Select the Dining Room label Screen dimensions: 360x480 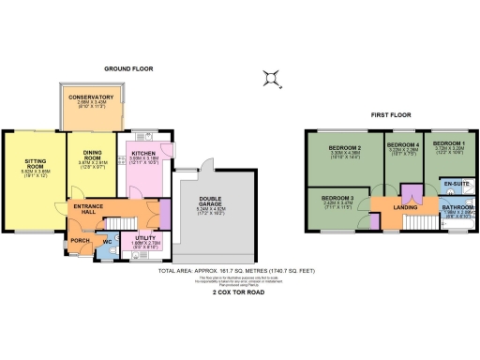(91, 155)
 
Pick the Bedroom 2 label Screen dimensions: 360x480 (345, 149)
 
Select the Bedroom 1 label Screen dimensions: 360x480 (448, 143)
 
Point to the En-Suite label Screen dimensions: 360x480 (456, 183)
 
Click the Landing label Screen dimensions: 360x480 (405, 207)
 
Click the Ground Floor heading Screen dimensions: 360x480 (128, 69)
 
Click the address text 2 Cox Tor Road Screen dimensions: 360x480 (241, 292)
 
